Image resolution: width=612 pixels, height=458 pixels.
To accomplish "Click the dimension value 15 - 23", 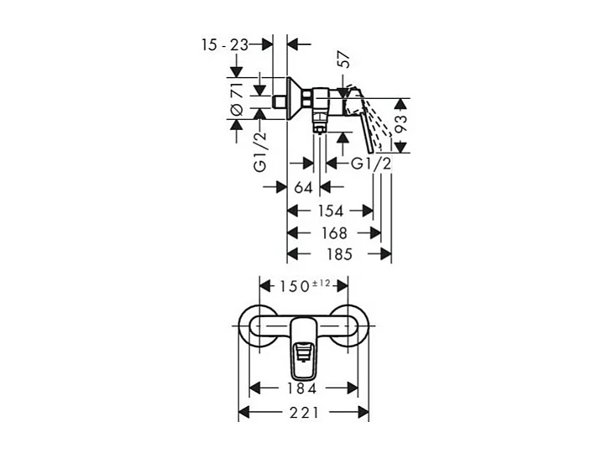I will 224,44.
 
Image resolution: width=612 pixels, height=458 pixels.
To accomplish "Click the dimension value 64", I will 303,186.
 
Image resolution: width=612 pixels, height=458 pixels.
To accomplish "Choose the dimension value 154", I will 329,211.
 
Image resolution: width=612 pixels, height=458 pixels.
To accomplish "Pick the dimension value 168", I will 332,232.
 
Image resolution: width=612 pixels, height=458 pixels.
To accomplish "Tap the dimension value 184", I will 301,389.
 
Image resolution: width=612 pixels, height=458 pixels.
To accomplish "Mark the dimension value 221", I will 304,412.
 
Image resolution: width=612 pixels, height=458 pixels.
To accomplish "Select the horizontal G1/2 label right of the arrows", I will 370,164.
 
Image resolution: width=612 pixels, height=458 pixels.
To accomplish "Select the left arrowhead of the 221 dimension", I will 243,412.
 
